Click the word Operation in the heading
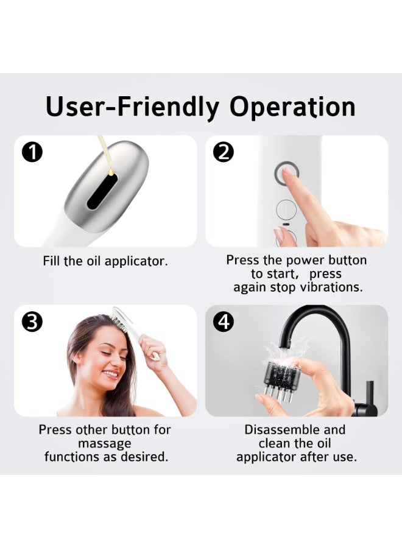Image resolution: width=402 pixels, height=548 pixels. coord(292,107)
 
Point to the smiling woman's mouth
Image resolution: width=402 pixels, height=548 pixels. coord(110,374)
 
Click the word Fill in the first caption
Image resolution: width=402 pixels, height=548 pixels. coord(52,261)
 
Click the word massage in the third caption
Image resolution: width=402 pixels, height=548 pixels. coord(105,443)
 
